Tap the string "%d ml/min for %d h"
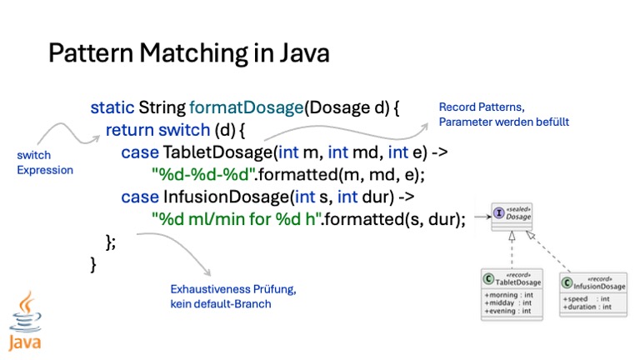(x=237, y=220)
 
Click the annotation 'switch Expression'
(x=45, y=162)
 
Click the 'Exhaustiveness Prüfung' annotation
(x=232, y=289)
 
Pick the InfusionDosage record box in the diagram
(x=592, y=293)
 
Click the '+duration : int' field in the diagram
(x=586, y=307)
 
